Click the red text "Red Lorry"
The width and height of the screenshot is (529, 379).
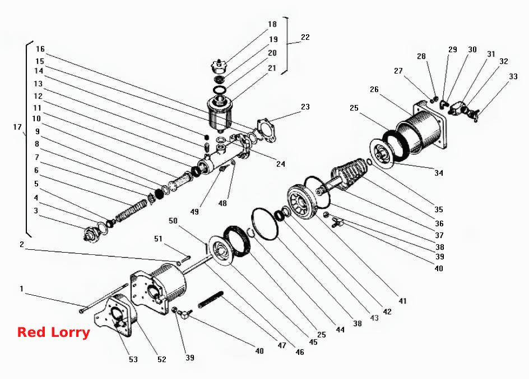[x=54, y=332]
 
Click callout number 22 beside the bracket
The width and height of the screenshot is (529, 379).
[x=305, y=37]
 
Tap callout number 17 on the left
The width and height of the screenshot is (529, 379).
[x=17, y=127]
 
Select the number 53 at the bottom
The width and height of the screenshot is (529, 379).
[x=133, y=359]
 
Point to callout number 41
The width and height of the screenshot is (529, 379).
[x=402, y=301]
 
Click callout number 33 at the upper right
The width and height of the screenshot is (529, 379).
[x=513, y=76]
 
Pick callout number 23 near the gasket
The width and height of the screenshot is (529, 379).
[x=305, y=107]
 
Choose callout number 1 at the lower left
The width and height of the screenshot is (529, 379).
[x=22, y=289]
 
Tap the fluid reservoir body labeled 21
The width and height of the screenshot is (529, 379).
[x=220, y=113]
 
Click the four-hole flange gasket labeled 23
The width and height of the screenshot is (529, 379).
[x=267, y=130]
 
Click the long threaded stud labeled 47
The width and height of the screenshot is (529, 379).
[x=211, y=299]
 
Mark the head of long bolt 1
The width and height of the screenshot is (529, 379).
[x=82, y=310]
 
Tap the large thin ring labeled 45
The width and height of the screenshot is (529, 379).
[x=266, y=224]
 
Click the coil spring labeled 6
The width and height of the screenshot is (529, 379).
[x=132, y=211]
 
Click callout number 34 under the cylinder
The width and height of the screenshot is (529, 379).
[x=438, y=173]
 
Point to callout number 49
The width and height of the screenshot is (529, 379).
[x=194, y=212]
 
